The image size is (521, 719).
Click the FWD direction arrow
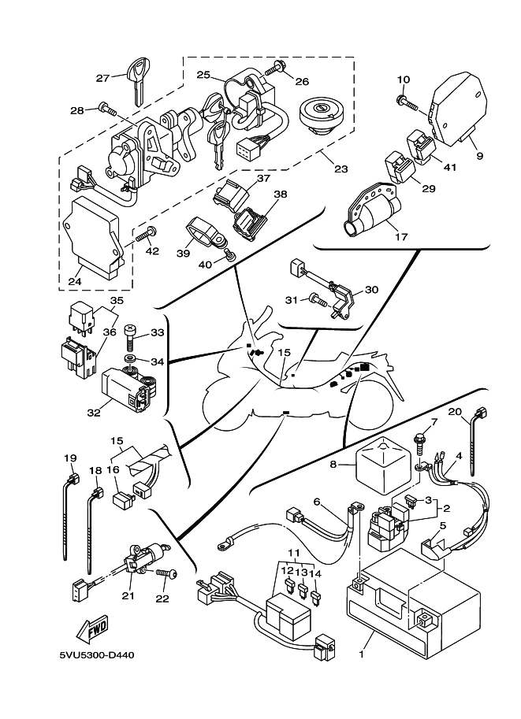point(91,629)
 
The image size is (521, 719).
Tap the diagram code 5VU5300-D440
point(97,654)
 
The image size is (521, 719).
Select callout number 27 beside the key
point(103,78)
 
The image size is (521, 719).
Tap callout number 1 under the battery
point(362,654)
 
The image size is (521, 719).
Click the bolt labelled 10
point(407,102)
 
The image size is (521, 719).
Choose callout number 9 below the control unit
point(480,156)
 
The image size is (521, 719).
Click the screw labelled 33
point(130,337)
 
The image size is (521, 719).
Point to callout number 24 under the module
point(75,281)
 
